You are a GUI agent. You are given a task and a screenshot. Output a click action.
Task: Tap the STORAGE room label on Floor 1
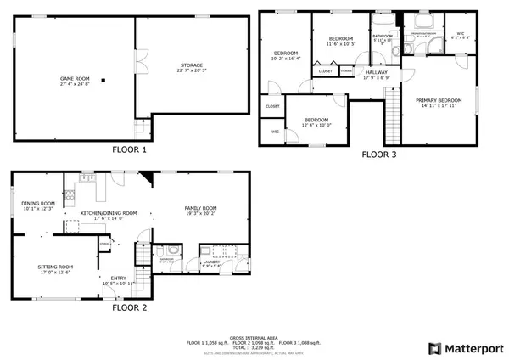click(x=191, y=65)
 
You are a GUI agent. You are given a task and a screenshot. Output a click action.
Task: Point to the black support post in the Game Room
click(x=103, y=81)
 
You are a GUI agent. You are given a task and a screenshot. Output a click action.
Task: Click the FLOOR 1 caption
click(x=130, y=149)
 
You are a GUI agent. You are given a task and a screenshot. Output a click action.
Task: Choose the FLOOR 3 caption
click(x=379, y=155)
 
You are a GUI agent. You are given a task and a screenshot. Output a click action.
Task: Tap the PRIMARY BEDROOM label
click(x=437, y=101)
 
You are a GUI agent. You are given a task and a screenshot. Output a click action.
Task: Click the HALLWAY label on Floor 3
click(x=377, y=73)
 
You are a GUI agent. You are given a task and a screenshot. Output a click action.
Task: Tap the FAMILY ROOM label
click(x=202, y=208)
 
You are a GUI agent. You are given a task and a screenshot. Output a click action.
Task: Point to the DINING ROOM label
click(x=38, y=203)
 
